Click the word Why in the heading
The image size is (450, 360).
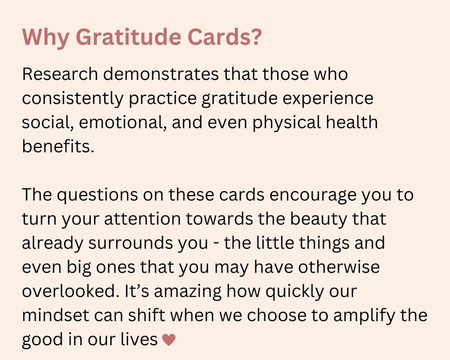point(45,38)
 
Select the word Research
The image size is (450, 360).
point(60,74)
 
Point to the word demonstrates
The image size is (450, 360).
point(162,74)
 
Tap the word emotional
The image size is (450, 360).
point(122,122)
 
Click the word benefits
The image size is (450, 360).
point(56,146)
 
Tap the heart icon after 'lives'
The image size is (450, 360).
point(169,340)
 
